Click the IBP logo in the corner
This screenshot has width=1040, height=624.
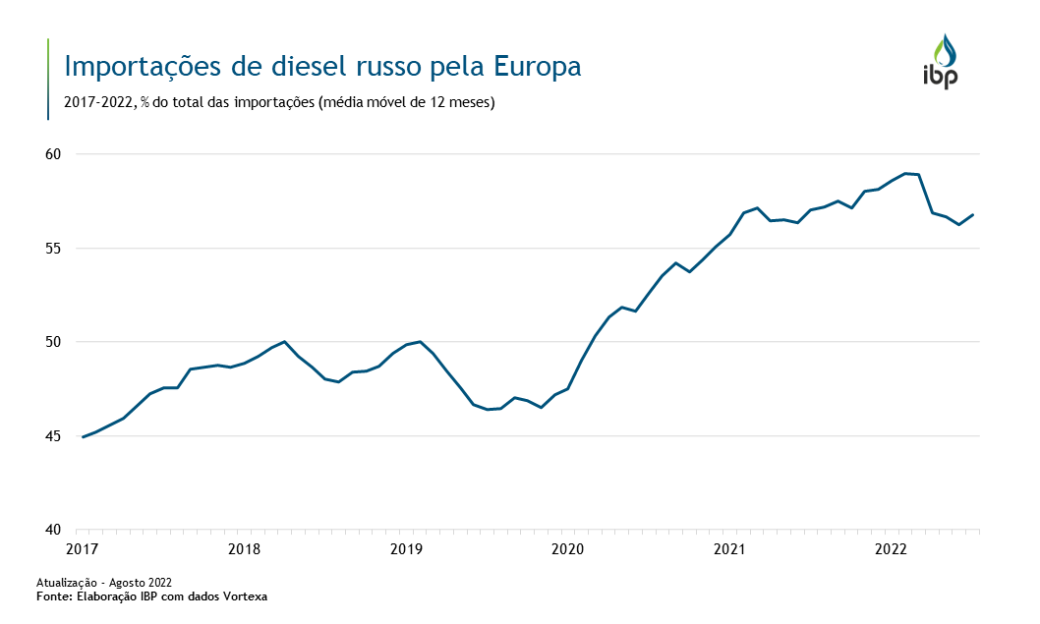(x=940, y=63)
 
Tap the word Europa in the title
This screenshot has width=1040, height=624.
(x=538, y=67)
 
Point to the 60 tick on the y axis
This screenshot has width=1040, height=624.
(x=52, y=154)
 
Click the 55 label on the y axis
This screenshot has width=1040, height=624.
(x=52, y=249)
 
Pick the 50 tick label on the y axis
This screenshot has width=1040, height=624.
(x=52, y=342)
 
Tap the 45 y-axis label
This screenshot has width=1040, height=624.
(x=52, y=436)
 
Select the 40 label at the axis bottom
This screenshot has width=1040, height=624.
(x=52, y=530)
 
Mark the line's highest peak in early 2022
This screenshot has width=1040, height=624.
(x=905, y=173)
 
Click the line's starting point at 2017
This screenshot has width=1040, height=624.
(x=83, y=437)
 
